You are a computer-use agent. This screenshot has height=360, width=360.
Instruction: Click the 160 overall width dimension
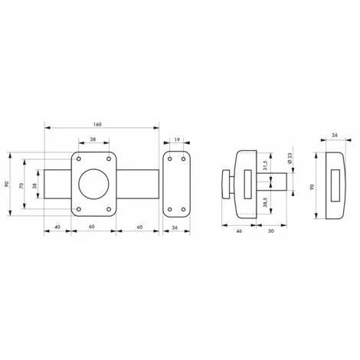(x=97, y=124)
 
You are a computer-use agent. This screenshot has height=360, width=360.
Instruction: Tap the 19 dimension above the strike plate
(x=177, y=139)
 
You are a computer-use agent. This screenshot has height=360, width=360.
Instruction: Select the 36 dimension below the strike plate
(x=175, y=227)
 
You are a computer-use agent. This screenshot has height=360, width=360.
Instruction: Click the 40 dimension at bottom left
(x=57, y=227)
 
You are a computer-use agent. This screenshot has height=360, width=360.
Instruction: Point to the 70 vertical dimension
(x=21, y=185)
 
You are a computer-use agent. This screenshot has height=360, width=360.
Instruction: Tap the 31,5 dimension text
(x=265, y=165)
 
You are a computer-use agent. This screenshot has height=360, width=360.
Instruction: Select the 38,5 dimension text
(x=265, y=202)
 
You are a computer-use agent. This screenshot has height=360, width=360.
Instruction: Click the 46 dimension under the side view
(x=239, y=231)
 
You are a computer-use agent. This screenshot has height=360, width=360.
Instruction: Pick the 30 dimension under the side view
(x=271, y=231)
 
